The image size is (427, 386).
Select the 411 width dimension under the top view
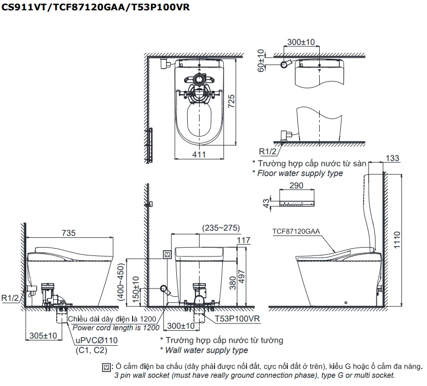199,154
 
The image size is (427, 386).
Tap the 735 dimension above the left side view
68,233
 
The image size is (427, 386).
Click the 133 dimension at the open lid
392,158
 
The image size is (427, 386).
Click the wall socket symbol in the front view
167,254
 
